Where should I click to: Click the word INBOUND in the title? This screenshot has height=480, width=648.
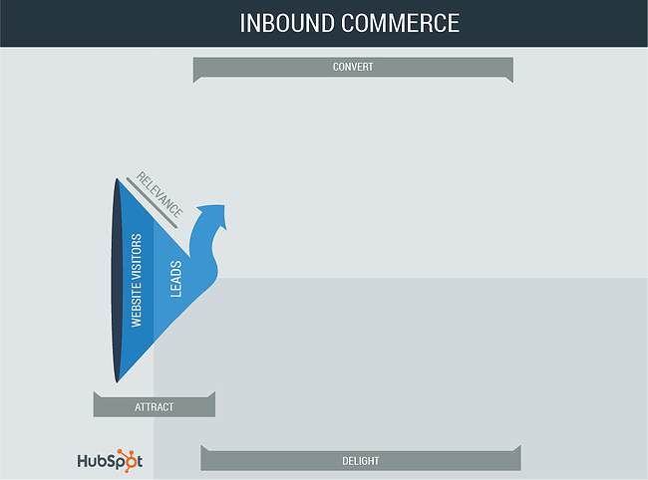pos(287,23)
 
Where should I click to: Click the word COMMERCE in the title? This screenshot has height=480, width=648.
pos(400,23)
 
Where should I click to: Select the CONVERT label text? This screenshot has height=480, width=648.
pos(353,67)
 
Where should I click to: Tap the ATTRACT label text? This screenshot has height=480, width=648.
pos(155,407)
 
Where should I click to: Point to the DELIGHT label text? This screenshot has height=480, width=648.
pos(360,461)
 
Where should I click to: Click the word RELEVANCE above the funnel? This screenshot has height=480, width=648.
pos(160,194)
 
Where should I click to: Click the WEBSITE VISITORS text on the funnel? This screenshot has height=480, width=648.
pos(137,281)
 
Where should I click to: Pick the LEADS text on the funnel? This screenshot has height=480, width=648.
pos(176,279)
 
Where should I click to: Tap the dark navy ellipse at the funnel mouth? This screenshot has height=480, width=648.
pos(117,281)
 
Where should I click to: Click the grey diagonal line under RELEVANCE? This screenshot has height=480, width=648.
pos(152,202)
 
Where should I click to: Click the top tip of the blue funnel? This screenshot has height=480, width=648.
pos(117,178)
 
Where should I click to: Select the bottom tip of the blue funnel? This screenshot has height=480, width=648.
pos(117,382)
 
